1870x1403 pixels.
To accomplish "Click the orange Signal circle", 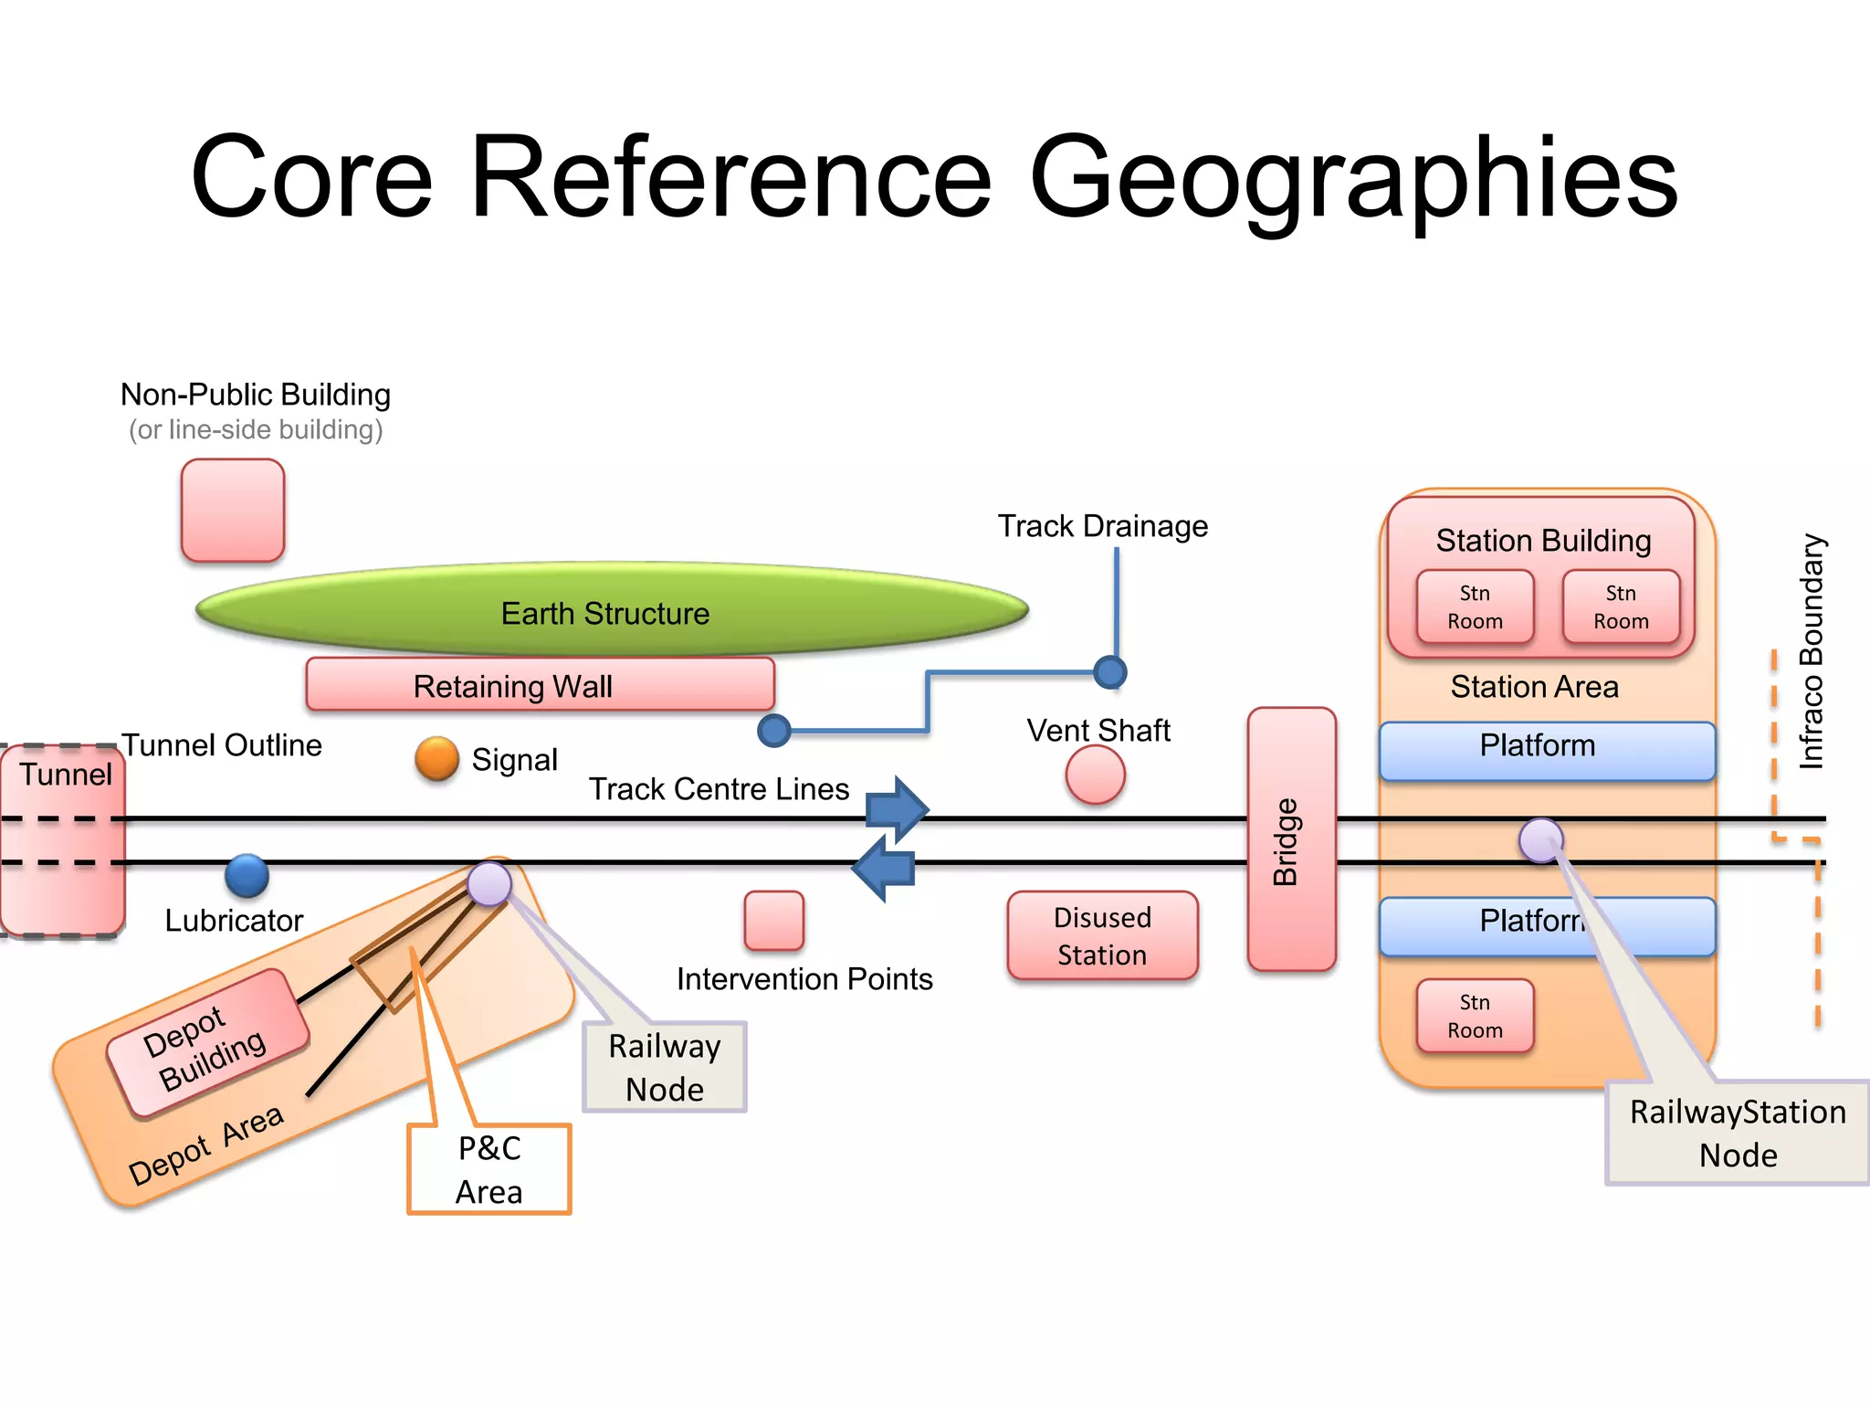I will point(436,758).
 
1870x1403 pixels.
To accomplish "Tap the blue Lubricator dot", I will point(247,876).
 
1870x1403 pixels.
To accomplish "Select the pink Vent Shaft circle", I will point(1095,775).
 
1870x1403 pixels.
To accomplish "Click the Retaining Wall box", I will point(540,685).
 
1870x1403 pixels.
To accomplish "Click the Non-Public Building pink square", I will point(233,510).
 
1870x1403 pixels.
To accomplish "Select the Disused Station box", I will point(1102,935).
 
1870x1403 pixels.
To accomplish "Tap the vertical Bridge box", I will point(1291,839).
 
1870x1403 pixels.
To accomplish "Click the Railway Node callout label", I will point(665,1067).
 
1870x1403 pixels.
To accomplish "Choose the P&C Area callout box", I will point(489,1169).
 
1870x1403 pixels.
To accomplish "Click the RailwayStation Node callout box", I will point(1738,1133).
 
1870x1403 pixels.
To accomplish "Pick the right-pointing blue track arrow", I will point(898,808).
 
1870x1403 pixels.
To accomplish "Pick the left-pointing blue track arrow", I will point(883,869).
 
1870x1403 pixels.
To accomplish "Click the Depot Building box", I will point(207,1044).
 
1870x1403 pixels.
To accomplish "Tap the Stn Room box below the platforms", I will point(1475,1016).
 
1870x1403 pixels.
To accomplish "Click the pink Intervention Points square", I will point(774,921).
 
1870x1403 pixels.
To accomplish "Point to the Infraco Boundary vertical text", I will point(1811,650).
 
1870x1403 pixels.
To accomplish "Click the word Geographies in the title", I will point(1353,177).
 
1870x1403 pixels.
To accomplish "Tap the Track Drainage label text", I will point(1102,526).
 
